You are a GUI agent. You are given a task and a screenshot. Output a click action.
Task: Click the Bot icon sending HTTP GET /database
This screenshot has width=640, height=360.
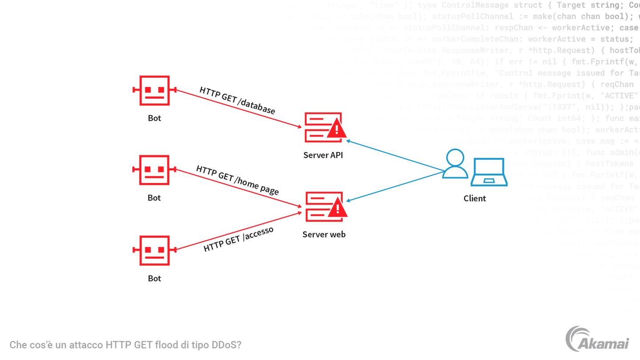point(155,90)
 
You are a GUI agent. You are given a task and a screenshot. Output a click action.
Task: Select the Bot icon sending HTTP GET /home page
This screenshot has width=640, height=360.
point(155,170)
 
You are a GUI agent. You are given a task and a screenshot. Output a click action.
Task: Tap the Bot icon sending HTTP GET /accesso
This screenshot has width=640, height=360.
point(155,250)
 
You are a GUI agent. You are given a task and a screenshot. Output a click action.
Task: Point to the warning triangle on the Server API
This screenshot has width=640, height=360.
point(336,129)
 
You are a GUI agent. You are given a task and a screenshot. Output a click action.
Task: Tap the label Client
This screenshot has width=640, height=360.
point(475,198)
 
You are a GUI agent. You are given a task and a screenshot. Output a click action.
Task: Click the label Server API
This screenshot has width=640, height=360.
point(323,155)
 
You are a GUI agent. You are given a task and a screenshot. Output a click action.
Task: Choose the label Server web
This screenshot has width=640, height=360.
point(324,234)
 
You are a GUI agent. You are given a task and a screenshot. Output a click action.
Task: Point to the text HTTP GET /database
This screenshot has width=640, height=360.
point(237,100)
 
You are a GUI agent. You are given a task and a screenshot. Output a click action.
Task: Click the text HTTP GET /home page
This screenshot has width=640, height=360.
point(237,180)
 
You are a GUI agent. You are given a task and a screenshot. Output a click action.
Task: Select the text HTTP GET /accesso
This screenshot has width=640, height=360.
point(238,240)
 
